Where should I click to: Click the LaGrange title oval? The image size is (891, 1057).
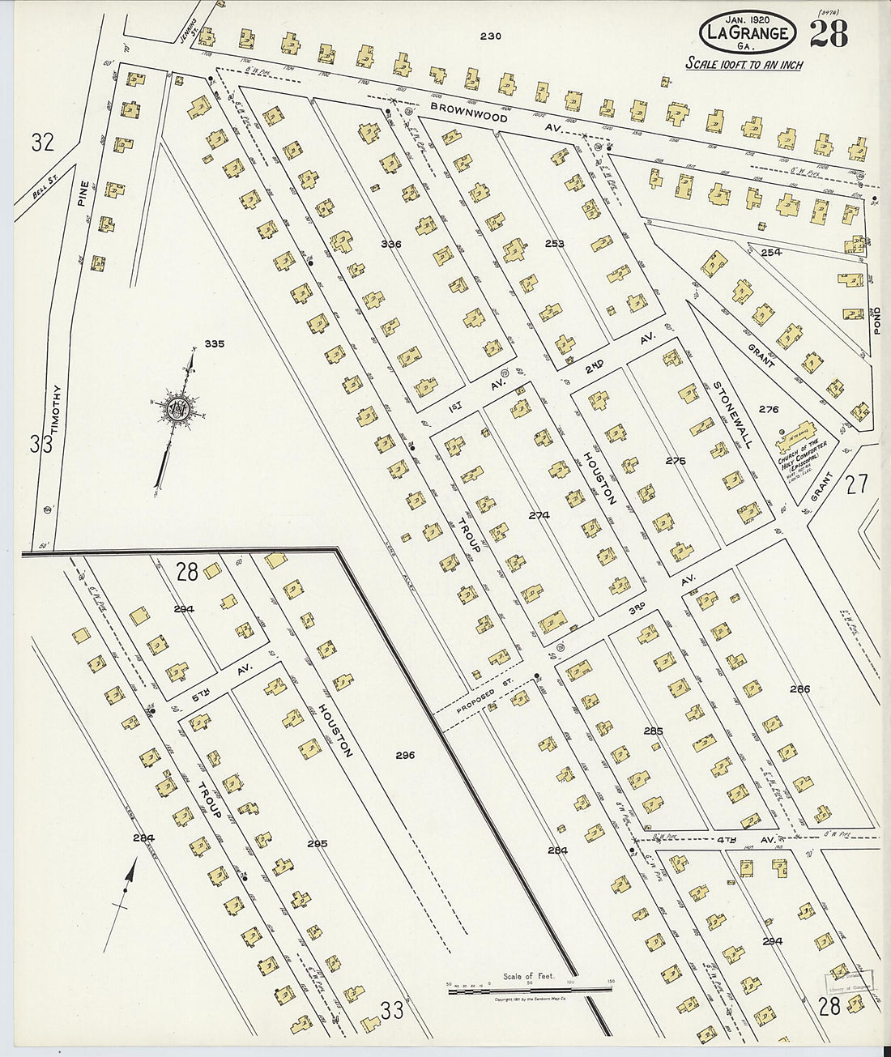coord(747,33)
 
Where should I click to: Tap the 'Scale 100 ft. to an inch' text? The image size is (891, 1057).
coord(744,64)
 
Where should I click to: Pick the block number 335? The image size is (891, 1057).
coord(214,344)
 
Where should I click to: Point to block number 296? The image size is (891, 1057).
coord(405,755)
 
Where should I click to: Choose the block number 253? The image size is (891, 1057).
coord(555,243)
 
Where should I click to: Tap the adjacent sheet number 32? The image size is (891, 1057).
coord(42,143)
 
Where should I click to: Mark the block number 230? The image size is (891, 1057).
coord(490,36)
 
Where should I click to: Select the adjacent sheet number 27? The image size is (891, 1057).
coord(856,484)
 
